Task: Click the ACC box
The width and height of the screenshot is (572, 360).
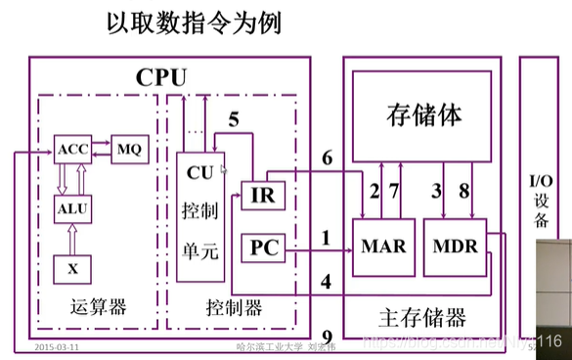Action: click(x=73, y=152)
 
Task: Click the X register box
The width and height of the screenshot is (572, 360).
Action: click(x=72, y=265)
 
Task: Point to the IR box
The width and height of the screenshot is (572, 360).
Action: click(x=261, y=195)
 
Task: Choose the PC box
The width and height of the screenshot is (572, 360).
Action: click(x=261, y=251)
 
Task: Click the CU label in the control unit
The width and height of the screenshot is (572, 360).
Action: click(x=199, y=172)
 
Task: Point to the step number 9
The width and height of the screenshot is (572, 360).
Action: click(x=327, y=335)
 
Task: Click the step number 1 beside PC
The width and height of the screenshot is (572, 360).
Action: click(x=327, y=236)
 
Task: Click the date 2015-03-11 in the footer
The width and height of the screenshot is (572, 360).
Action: click(x=57, y=347)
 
